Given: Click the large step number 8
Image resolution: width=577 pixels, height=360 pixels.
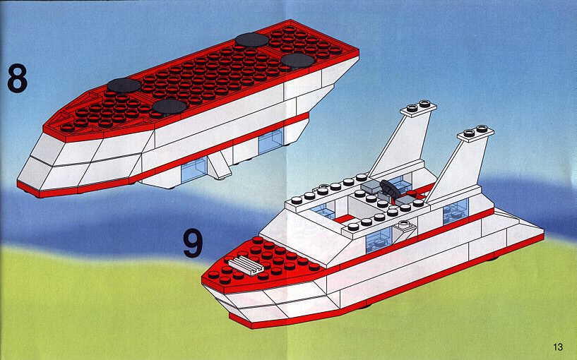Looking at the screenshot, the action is click(x=17, y=78).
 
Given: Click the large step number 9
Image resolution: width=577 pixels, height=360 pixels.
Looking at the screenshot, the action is click(x=193, y=243).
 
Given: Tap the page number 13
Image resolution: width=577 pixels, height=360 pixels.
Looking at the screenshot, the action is click(x=557, y=347).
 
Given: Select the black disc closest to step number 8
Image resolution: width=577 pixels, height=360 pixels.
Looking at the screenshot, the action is click(x=124, y=85).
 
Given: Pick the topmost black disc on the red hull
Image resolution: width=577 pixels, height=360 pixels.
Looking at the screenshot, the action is click(x=252, y=40).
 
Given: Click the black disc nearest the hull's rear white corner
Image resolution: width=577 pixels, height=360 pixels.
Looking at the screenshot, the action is click(x=297, y=60).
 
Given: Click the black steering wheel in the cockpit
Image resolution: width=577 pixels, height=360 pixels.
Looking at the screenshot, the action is click(x=388, y=188).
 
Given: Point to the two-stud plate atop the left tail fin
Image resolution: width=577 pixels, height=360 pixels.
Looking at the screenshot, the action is click(x=418, y=109).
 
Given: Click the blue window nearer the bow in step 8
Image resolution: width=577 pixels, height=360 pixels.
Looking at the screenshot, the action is click(x=194, y=169).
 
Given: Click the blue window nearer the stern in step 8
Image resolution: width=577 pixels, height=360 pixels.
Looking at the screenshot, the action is click(x=270, y=142).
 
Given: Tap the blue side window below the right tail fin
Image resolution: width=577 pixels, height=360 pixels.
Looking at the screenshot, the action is click(x=456, y=212).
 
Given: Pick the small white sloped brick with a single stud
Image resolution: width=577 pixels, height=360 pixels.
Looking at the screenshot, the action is click(x=404, y=230).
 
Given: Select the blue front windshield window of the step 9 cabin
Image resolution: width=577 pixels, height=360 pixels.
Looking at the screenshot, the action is click(x=323, y=211).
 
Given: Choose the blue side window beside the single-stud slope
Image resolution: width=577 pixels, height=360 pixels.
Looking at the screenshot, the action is click(x=379, y=240).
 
